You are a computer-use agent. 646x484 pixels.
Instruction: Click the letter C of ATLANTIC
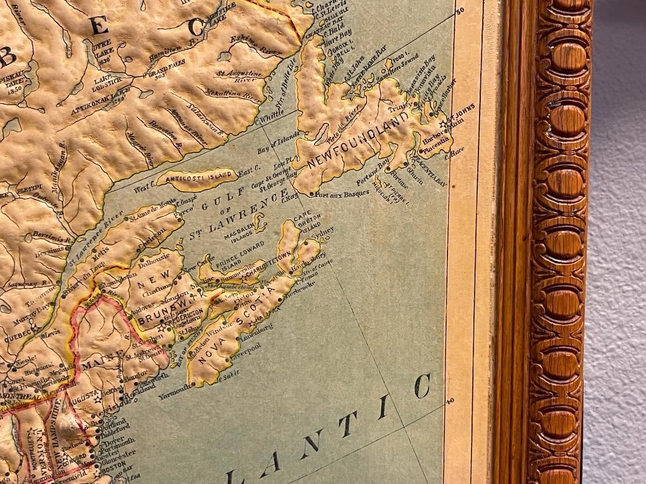click(x=423, y=385)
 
